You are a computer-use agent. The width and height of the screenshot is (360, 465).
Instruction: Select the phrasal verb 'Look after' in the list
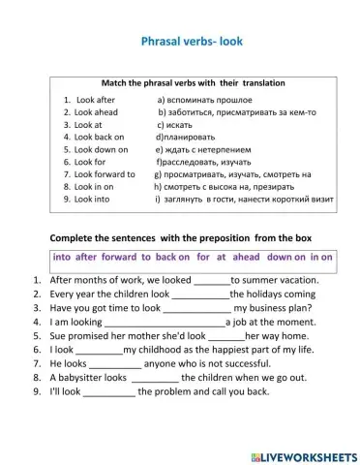click(94, 99)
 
